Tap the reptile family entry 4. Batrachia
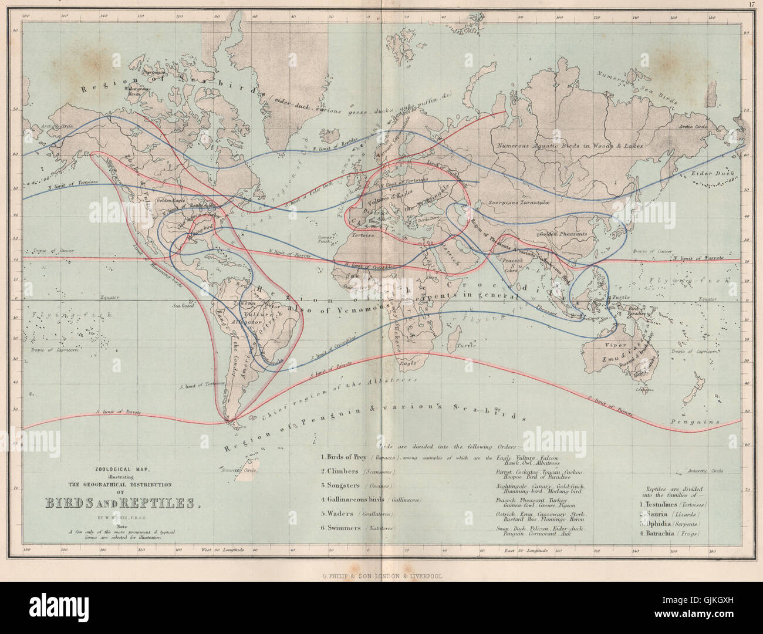point(674,533)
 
